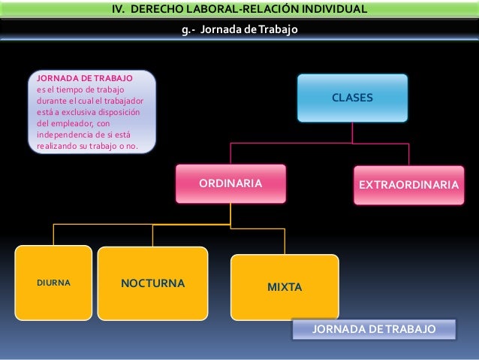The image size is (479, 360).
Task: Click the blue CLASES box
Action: pyautogui.click(x=352, y=98)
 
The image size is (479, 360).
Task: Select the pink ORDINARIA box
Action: pyautogui.click(x=230, y=183)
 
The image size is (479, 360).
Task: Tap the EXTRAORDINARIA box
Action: pyautogui.click(x=409, y=183)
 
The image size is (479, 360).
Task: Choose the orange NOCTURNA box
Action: pyautogui.click(x=152, y=284)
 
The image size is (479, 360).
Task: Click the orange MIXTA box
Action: pyautogui.click(x=285, y=286)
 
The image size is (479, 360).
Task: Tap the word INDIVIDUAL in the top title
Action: pyautogui.click(x=332, y=10)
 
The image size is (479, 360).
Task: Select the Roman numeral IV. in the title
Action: pyautogui.click(x=119, y=10)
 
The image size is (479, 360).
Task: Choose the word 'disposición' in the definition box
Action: pyautogui.click(x=120, y=113)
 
